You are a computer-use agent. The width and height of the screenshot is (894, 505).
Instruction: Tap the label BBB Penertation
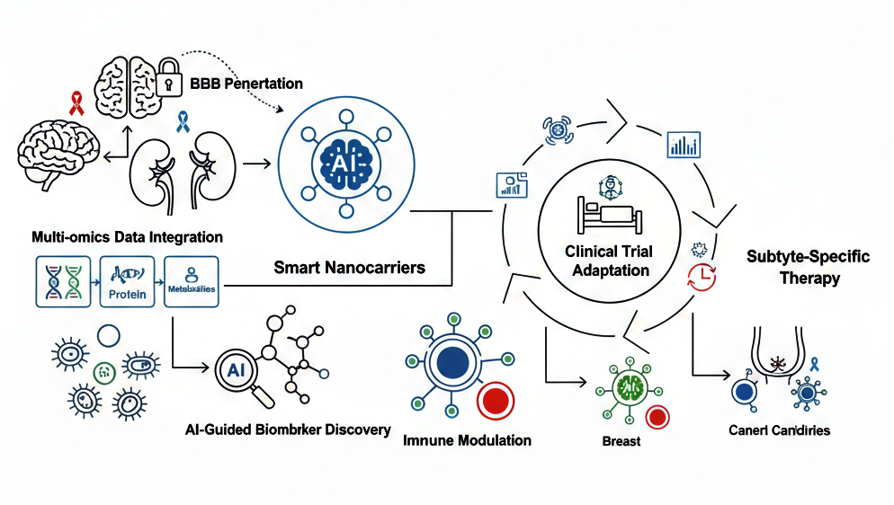pos(246,84)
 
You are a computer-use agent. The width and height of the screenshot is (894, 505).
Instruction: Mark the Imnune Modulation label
pos(467,440)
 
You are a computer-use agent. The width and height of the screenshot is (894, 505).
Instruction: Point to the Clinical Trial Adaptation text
pos(611,261)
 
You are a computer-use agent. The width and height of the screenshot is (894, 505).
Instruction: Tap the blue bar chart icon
pos(683,145)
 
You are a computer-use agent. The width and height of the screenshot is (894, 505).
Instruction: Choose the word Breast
pos(621,441)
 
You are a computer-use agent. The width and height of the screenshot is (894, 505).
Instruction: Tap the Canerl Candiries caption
pos(779,430)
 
